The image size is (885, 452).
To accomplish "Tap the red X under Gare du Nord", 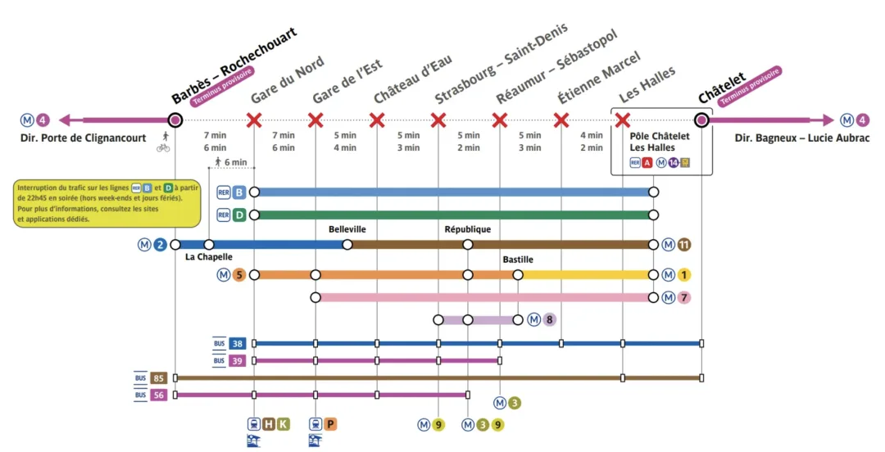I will tap(254, 121).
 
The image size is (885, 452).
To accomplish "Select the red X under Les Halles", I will tap(623, 121).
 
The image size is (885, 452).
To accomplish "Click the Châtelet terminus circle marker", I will tap(702, 120).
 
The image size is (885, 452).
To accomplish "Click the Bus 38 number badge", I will tap(238, 343).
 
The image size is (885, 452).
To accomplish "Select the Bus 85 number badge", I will tap(158, 378).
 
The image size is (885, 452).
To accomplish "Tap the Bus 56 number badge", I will tap(158, 395).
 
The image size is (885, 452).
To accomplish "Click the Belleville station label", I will tap(347, 229).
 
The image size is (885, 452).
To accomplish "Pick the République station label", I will tap(468, 229).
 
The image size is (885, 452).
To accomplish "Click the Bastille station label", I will tap(518, 260).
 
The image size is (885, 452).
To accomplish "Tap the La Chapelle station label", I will tap(209, 257).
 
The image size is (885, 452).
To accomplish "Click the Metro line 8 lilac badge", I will tap(549, 319).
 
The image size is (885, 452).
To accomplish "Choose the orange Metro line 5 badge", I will tap(239, 274).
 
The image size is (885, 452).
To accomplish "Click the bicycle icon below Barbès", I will tap(164, 147).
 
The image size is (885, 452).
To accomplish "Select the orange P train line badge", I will tap(330, 424).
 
